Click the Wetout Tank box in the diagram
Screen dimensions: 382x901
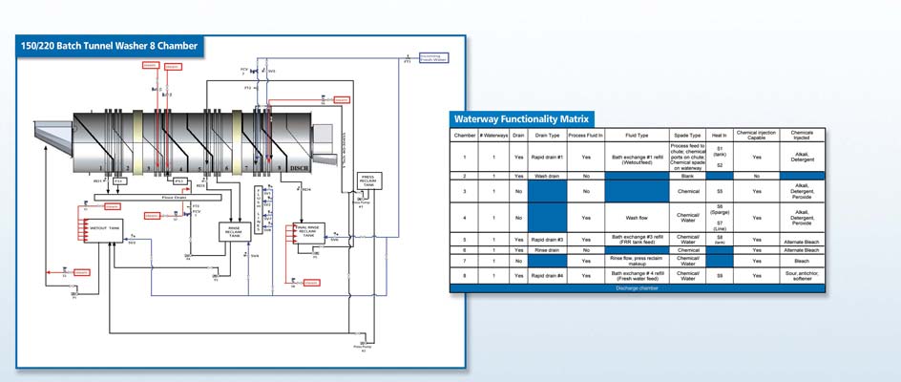[x=104, y=228]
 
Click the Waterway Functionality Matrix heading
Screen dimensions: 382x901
[x=521, y=119]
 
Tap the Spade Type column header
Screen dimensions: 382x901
[x=687, y=136]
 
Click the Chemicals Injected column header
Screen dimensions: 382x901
[x=802, y=136]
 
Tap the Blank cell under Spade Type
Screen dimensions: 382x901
[x=687, y=177]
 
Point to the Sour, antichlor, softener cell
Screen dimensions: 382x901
[x=802, y=275]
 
